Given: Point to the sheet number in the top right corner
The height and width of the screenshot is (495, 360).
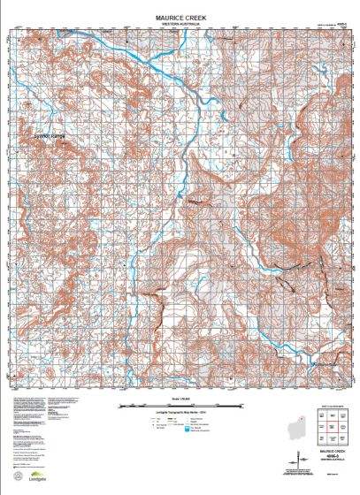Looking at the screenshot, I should [x=340, y=25].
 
